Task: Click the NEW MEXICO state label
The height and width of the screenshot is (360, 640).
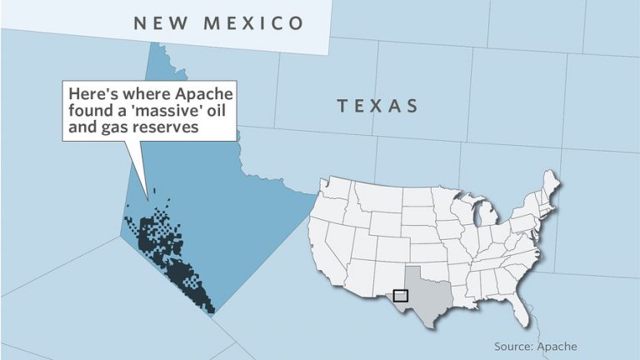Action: point(219,23)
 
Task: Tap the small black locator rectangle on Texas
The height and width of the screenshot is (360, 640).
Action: point(401,295)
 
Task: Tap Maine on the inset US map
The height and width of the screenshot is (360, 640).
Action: point(548,188)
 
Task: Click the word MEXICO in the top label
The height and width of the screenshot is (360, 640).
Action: point(261,23)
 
